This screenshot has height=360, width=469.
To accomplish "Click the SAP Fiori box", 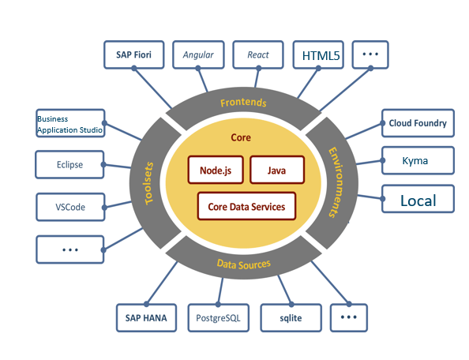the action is [x=134, y=54].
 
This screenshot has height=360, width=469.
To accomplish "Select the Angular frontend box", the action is [x=198, y=54].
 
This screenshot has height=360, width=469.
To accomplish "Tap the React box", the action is [x=258, y=54].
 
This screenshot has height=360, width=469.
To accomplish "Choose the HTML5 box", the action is [x=318, y=54].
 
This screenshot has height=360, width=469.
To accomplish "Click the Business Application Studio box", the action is [x=70, y=123].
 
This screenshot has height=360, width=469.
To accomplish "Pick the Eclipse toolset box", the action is [x=69, y=164].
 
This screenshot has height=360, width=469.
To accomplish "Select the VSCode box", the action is [x=70, y=207].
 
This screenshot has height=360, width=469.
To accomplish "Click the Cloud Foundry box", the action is [x=418, y=123].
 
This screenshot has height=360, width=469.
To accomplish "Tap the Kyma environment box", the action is [x=418, y=160].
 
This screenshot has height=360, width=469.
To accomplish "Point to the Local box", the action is [x=418, y=199].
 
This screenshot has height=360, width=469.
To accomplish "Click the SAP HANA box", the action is [x=146, y=318].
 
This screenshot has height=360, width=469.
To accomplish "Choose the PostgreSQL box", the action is [x=219, y=318].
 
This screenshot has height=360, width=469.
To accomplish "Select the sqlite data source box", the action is [x=291, y=318].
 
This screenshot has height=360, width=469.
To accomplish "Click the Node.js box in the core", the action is [x=216, y=170].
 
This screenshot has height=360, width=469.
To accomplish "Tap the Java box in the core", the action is [x=277, y=170].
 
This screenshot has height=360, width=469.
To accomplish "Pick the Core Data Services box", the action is [x=247, y=206].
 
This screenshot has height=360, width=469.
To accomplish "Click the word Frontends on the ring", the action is [x=243, y=103].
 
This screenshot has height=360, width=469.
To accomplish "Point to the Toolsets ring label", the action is [x=149, y=183].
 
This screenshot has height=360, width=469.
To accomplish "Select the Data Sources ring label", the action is [x=244, y=264].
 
